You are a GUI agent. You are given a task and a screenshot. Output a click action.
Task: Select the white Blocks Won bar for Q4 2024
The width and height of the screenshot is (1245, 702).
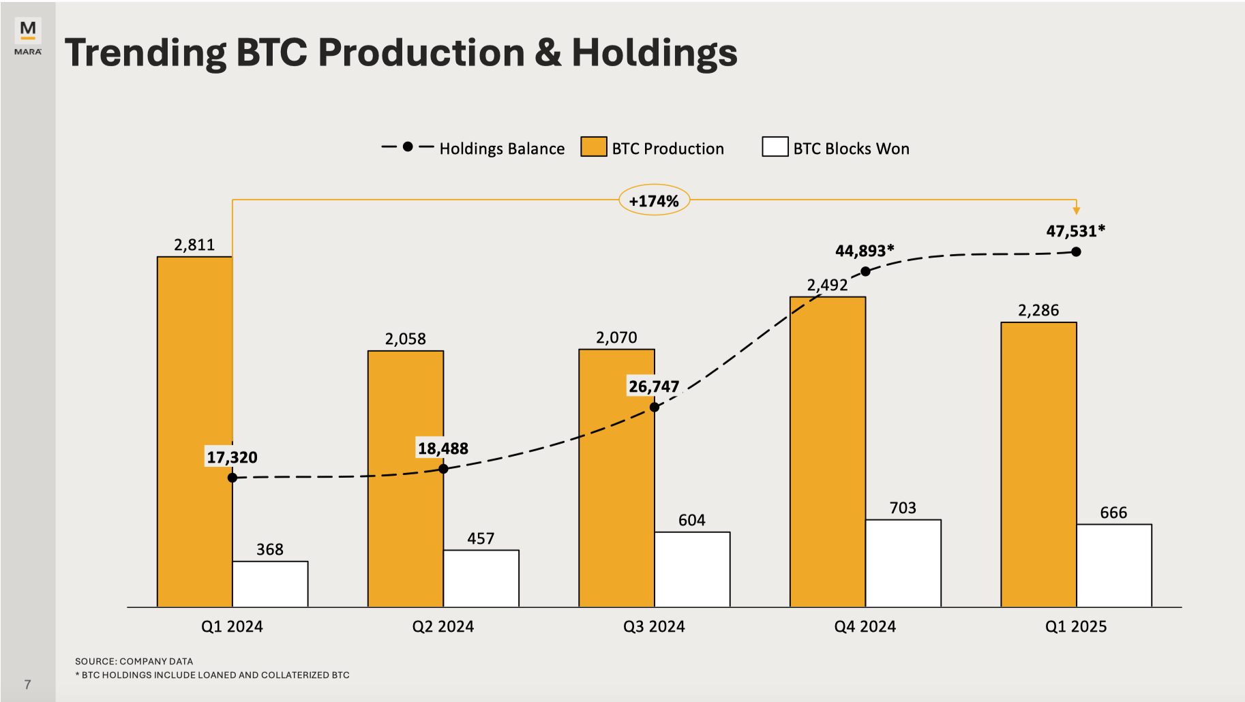[x=903, y=563]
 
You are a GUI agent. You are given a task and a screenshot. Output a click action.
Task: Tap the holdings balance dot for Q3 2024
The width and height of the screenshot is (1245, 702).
[x=655, y=407]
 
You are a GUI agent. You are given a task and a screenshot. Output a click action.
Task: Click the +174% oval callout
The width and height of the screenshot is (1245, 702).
[x=654, y=200]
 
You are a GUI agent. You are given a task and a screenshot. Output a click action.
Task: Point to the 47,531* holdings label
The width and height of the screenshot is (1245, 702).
[x=1075, y=231]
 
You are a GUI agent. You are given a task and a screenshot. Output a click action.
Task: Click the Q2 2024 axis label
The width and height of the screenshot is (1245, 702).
[x=442, y=626]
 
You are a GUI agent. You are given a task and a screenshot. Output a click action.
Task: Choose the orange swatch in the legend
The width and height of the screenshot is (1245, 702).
[x=593, y=147]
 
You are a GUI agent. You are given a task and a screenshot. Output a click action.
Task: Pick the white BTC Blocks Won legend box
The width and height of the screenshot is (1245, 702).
[x=775, y=147]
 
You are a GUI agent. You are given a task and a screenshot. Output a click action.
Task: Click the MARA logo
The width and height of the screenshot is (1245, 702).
[x=28, y=36]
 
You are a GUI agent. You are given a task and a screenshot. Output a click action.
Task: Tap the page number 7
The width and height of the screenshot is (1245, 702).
[x=27, y=684]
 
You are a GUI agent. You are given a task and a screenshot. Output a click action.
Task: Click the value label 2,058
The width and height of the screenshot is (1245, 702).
[x=405, y=339]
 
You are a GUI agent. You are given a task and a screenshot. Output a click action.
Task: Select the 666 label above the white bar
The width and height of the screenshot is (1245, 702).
[x=1113, y=513]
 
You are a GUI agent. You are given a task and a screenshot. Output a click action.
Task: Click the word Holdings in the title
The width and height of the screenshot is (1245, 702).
[x=654, y=53]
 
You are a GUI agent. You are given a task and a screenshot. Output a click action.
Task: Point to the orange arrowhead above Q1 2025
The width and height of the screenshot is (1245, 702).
[x=1076, y=211]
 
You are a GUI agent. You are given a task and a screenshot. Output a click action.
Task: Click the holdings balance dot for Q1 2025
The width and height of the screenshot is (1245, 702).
[x=1076, y=251]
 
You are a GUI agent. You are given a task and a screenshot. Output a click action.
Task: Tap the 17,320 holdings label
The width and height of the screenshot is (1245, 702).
[x=232, y=457]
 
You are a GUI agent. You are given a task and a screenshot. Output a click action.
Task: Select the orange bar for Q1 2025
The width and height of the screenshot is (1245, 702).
[x=1038, y=463]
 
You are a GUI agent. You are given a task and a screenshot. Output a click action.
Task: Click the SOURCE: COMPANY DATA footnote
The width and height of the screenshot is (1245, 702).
[x=134, y=661]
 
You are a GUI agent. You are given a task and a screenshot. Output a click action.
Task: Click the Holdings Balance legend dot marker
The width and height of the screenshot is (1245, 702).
[x=407, y=147]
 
